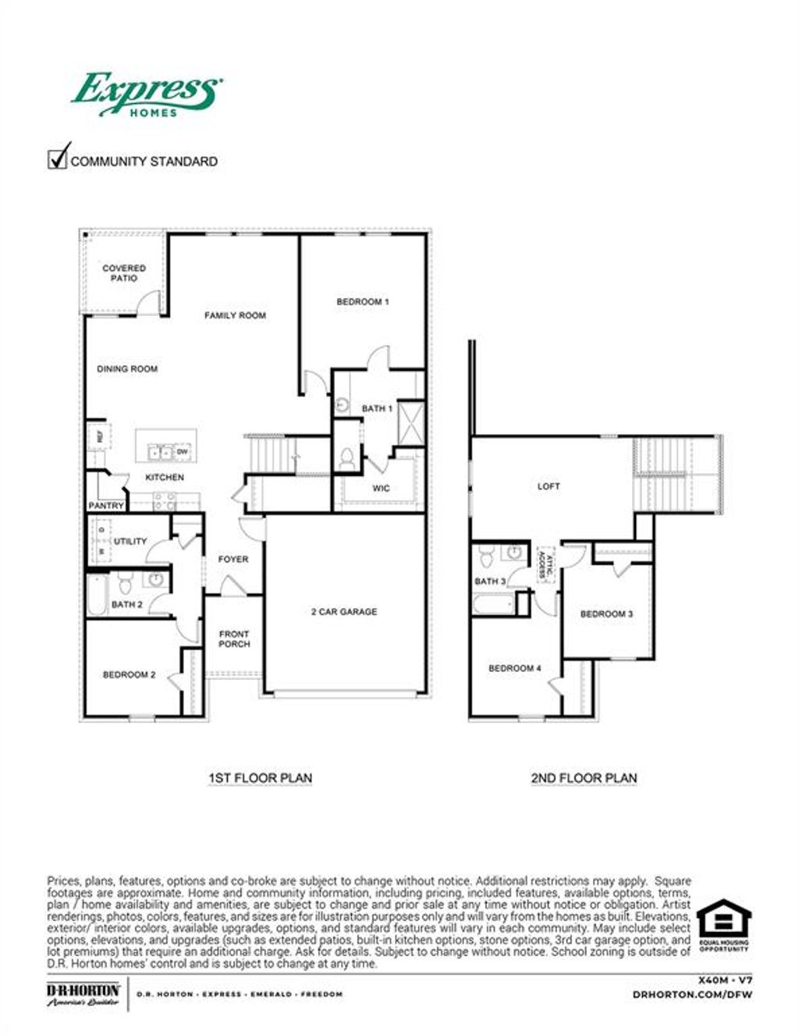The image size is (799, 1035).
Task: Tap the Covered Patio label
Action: (124, 273)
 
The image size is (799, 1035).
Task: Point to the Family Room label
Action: (235, 315)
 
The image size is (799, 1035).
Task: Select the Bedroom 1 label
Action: (363, 301)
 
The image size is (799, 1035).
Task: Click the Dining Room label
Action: (127, 369)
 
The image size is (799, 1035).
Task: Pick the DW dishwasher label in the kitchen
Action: (182, 452)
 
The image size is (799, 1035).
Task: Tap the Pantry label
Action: (106, 506)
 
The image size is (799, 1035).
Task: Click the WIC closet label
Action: (381, 489)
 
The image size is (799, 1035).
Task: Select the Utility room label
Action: (130, 541)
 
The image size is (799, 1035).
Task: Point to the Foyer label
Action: (233, 559)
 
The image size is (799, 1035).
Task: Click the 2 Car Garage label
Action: (344, 612)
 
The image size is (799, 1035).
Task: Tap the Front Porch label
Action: (234, 639)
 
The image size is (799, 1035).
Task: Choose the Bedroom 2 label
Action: (130, 674)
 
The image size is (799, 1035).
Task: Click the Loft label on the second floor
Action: (549, 486)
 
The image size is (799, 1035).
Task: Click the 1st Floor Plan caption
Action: (260, 778)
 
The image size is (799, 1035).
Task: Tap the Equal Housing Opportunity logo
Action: (723, 926)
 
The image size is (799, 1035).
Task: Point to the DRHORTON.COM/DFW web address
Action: (692, 995)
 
